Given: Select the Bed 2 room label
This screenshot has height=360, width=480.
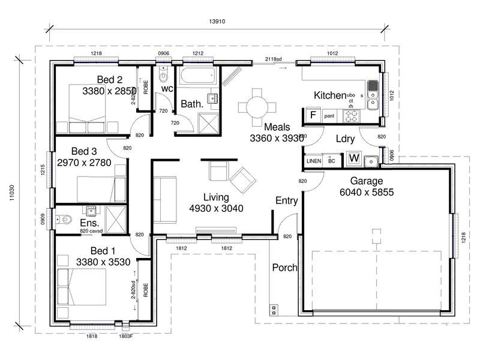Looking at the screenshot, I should (x=110, y=80).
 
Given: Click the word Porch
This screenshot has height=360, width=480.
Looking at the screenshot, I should (x=284, y=268).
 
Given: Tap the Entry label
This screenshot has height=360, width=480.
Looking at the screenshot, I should (x=287, y=200).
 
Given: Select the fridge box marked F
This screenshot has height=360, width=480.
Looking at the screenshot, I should (x=312, y=115).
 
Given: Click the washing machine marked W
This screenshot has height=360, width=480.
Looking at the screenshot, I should (x=354, y=160).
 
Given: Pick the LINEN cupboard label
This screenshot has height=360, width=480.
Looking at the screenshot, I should (x=314, y=161).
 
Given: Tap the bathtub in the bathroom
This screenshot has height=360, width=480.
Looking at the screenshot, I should (x=197, y=77).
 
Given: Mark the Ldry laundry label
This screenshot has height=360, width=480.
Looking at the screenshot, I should (x=345, y=139).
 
